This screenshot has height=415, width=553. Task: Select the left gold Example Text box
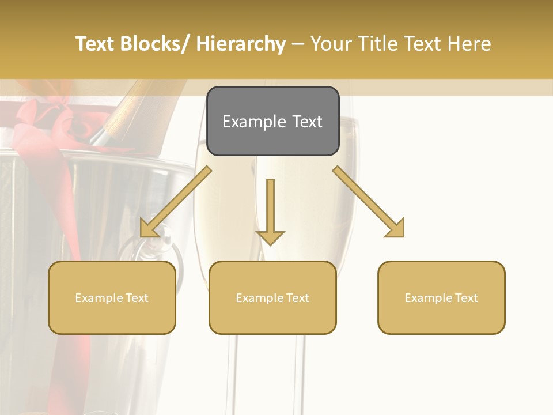112,297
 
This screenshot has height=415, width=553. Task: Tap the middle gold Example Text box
272,297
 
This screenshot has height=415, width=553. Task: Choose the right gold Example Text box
441,297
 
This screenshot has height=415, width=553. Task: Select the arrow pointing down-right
369,201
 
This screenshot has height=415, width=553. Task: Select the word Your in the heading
329,44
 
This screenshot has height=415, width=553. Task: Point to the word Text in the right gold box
465,298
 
